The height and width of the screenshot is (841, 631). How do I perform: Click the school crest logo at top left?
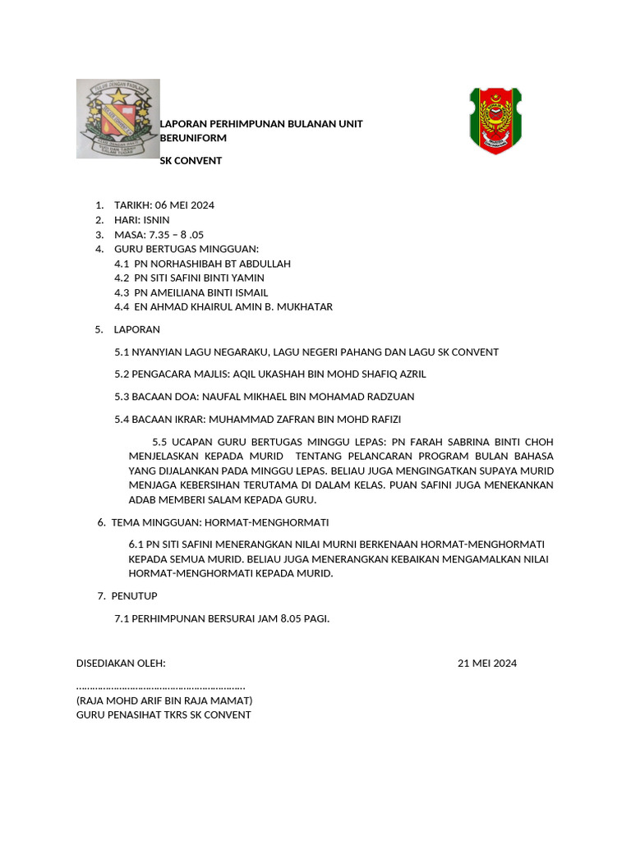(x=117, y=118)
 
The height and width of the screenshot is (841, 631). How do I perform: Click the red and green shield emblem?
(x=495, y=120)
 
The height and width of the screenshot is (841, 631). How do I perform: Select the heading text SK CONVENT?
(x=191, y=160)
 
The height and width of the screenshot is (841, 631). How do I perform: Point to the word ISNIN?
(x=156, y=219)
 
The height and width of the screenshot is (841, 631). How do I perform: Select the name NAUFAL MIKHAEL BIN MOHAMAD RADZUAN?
(x=315, y=397)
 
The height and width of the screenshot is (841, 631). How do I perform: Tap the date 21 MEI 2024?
(x=487, y=664)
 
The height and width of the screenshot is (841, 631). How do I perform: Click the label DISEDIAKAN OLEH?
(x=121, y=664)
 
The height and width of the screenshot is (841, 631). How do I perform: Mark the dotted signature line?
(x=160, y=687)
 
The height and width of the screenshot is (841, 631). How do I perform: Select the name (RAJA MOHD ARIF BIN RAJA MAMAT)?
(x=164, y=701)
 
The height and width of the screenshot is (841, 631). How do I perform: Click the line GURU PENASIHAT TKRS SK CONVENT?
(x=164, y=715)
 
